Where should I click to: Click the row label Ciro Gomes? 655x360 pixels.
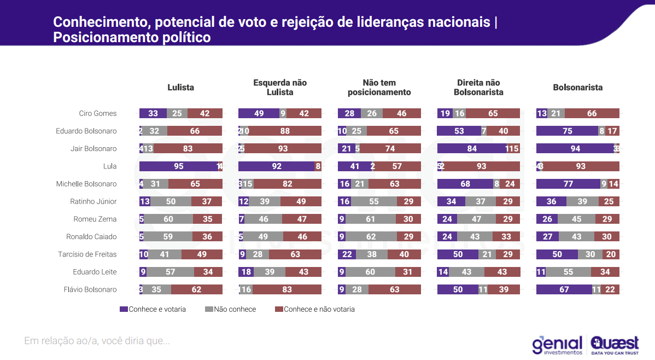click(98, 113)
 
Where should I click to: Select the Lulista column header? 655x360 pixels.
click(180, 88)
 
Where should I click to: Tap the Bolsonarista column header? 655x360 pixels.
click(577, 88)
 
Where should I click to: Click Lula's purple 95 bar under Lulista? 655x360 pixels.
click(178, 166)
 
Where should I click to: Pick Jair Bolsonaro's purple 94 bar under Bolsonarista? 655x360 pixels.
click(575, 149)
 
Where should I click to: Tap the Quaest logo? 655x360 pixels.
click(615, 345)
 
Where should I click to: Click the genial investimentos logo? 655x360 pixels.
click(557, 345)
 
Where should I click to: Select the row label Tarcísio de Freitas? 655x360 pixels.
click(87, 254)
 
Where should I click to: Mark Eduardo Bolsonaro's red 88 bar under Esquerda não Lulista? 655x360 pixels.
click(284, 131)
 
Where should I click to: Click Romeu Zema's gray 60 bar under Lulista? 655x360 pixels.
click(168, 219)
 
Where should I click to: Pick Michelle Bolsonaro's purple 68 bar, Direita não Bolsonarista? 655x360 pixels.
click(465, 184)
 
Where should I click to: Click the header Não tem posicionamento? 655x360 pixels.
click(379, 88)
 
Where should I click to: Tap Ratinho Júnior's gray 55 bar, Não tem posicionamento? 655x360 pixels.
click(374, 201)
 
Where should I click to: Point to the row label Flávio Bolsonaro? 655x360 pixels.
click(90, 289)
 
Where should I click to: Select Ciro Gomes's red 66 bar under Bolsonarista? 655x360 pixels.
click(592, 113)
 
